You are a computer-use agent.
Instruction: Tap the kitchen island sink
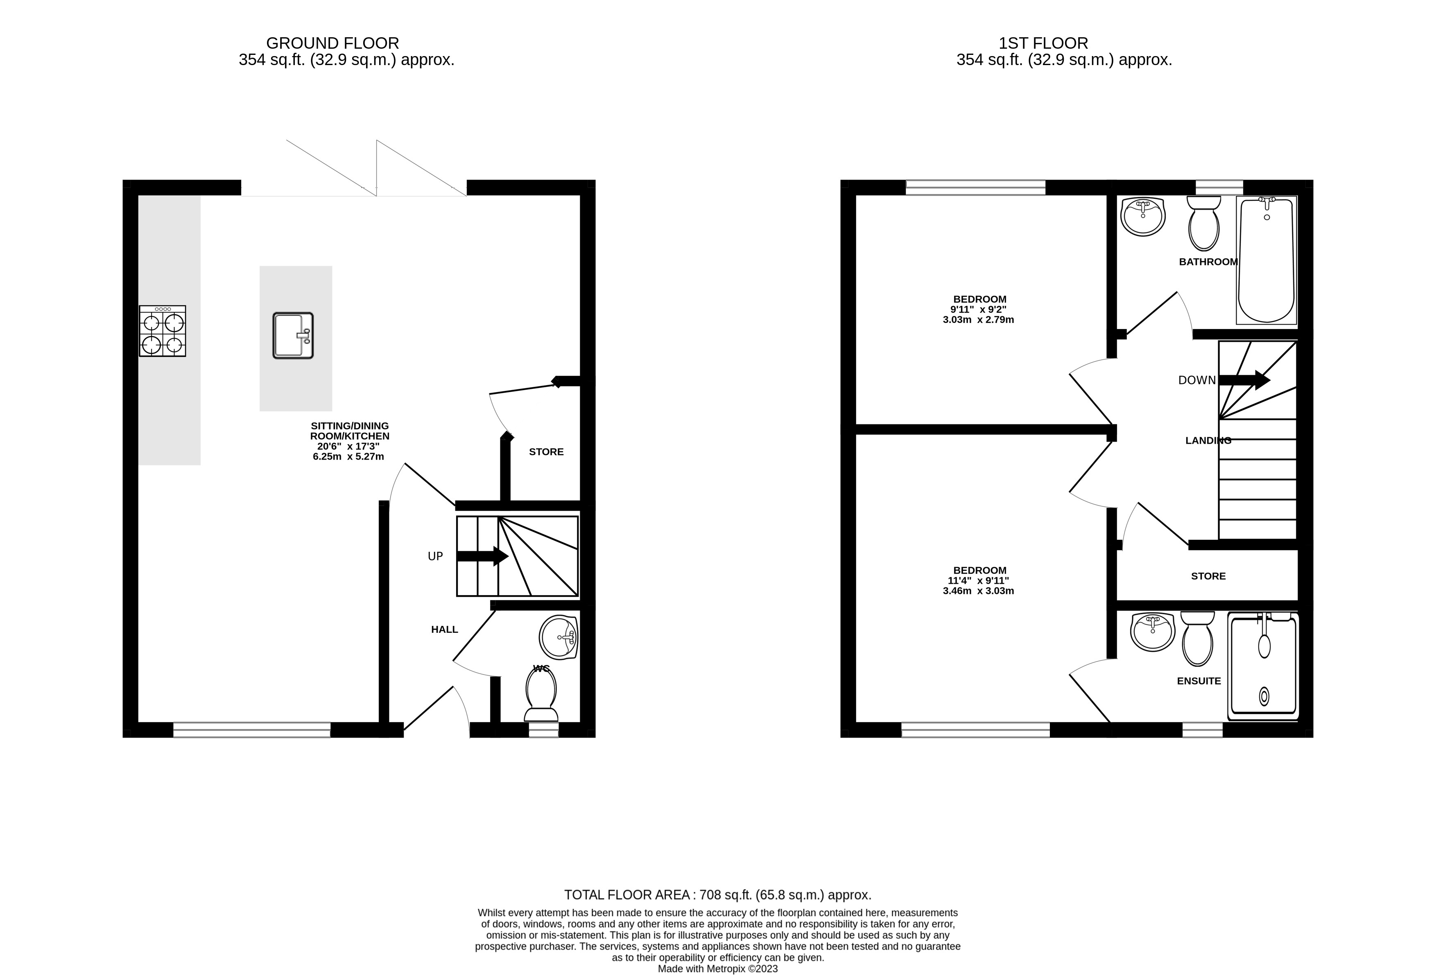293,336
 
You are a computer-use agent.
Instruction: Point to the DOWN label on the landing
1196,380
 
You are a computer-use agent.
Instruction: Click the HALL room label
444,629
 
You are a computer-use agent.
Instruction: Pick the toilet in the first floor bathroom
1203,223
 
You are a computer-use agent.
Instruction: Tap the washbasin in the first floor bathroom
1142,216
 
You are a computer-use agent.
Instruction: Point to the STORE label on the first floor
1208,576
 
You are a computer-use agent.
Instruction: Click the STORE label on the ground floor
546,451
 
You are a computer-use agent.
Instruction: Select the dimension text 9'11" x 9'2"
978,309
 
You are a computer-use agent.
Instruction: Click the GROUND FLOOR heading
332,43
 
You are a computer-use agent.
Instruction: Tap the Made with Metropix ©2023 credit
717,968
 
